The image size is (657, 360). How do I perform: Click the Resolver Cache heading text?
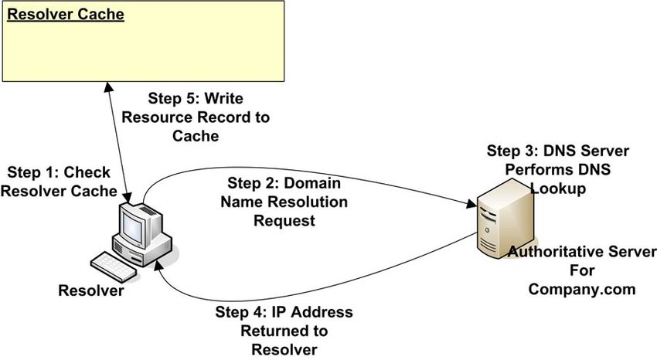[x=66, y=14]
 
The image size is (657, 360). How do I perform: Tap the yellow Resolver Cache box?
[x=143, y=41]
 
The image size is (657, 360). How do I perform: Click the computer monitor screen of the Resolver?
[x=133, y=226]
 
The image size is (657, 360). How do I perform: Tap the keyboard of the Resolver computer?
[x=113, y=267]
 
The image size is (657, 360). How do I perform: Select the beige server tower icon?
[x=505, y=219]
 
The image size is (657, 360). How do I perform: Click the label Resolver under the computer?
[x=91, y=290]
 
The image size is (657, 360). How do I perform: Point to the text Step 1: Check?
[x=59, y=172]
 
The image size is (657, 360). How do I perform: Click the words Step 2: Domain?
[x=284, y=183]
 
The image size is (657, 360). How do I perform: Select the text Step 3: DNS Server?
[x=558, y=151]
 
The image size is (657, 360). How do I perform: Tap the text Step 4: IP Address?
[x=284, y=312]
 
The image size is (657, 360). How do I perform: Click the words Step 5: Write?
[x=196, y=98]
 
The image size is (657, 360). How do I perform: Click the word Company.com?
[x=581, y=289]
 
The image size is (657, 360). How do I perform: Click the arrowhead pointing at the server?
[x=471, y=204]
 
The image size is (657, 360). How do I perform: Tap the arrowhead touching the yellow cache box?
[x=108, y=87]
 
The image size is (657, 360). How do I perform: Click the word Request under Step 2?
[x=284, y=221]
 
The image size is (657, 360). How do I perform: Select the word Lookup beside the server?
[x=558, y=188]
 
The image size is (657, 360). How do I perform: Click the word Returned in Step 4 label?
[x=284, y=331]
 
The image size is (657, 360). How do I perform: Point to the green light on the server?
[x=487, y=229]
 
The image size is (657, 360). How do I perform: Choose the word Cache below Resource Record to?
[x=196, y=136]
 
